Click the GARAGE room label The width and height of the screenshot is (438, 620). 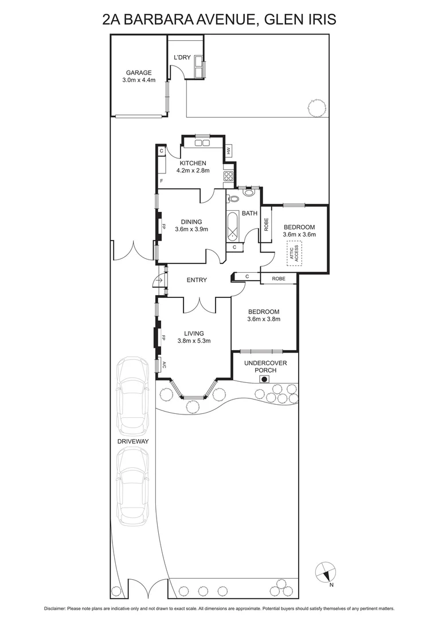[x=139, y=73]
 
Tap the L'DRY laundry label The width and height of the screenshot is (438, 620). [x=182, y=57]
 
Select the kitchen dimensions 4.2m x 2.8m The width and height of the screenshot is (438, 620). [x=193, y=170]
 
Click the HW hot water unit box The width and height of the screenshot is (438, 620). [x=228, y=150]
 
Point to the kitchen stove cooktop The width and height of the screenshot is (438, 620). [x=228, y=177]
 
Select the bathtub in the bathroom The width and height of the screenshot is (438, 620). [x=233, y=226]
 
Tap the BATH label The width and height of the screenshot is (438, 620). [x=249, y=214]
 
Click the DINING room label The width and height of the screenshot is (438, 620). [x=191, y=221]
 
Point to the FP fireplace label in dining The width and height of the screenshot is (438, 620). [x=163, y=226]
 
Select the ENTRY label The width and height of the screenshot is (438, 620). [x=197, y=280]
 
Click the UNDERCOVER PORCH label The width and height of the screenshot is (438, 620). [x=265, y=367]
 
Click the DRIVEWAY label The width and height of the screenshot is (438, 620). [x=133, y=441]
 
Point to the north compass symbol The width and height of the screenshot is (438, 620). [x=325, y=572]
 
